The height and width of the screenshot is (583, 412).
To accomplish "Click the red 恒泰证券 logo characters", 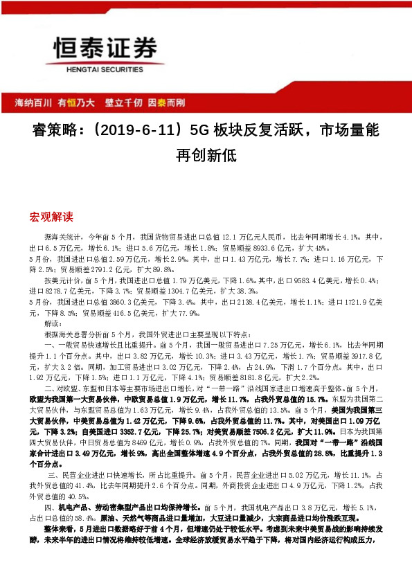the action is coord(102,48).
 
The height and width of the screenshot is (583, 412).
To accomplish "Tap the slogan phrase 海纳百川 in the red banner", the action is coord(33,103).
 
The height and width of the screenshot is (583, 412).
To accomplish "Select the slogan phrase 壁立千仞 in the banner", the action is coord(123,103).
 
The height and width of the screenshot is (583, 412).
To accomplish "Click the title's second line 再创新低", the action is coord(206,155).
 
